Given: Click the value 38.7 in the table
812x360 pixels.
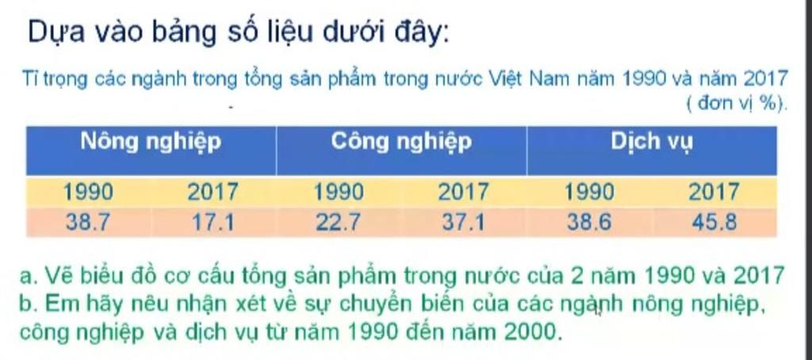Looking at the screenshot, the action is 87,222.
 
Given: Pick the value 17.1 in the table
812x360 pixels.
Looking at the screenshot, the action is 213,222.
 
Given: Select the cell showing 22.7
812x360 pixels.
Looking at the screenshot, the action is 338,222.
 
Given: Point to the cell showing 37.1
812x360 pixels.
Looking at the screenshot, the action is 463,222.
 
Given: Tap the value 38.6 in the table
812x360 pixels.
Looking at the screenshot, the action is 589,222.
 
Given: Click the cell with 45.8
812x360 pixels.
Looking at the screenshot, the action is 714,222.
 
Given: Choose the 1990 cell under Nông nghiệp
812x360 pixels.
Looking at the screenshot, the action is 87,193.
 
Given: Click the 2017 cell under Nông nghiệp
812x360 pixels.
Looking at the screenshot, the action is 213,193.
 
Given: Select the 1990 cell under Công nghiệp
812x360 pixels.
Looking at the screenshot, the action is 338,193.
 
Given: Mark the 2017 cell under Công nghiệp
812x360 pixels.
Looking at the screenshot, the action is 463,193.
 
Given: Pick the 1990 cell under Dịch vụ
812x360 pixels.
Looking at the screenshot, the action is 589,193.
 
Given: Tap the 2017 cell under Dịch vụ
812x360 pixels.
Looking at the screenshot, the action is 714,193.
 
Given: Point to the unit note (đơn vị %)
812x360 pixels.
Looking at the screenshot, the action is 737,104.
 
